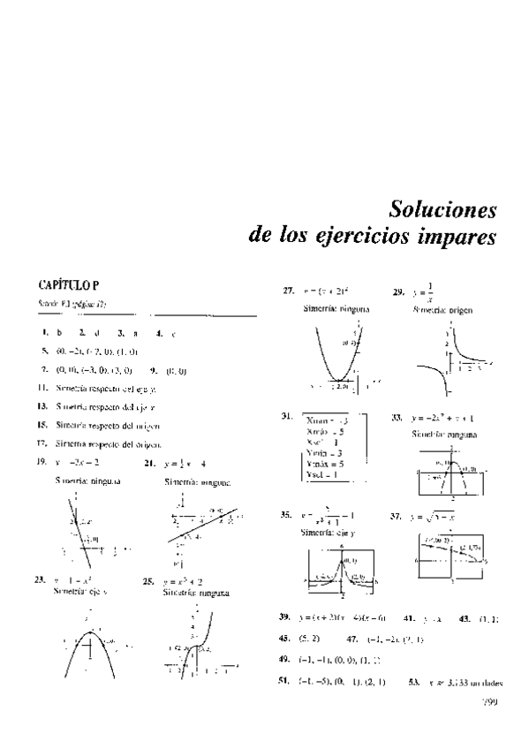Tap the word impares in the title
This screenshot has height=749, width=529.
(x=454, y=238)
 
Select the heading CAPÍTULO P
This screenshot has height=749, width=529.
(x=67, y=284)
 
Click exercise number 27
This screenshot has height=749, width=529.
(x=289, y=290)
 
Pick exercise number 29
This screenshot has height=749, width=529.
(x=398, y=290)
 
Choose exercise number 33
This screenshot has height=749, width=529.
(x=397, y=417)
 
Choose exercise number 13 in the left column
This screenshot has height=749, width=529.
(x=42, y=405)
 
